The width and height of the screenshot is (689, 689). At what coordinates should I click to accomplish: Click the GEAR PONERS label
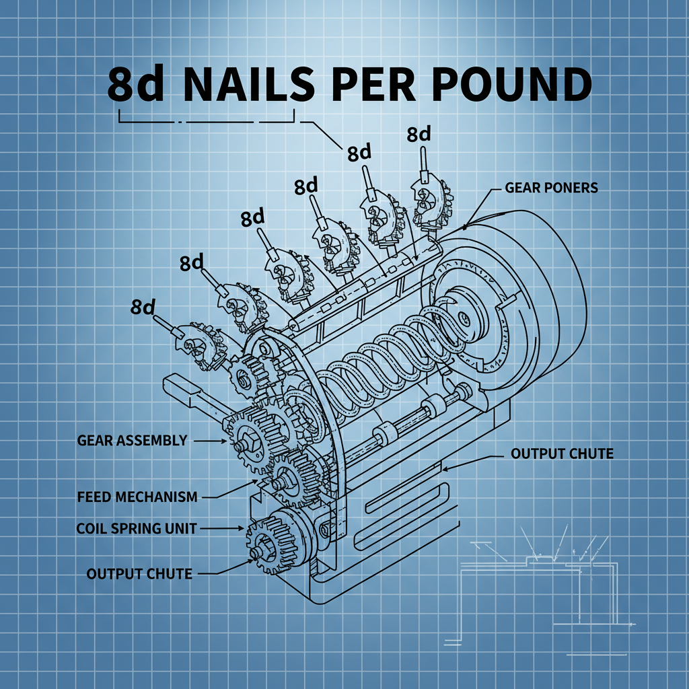(x=550, y=188)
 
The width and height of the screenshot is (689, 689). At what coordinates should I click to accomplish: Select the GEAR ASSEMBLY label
(x=132, y=441)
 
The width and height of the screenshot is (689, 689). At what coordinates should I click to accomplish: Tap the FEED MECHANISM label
(x=137, y=497)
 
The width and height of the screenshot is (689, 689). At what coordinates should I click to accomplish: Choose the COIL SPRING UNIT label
(x=137, y=529)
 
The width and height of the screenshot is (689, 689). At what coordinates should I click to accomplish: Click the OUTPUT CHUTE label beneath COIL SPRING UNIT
(x=139, y=574)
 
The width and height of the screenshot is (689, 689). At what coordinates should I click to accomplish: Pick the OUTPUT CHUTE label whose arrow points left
(x=562, y=454)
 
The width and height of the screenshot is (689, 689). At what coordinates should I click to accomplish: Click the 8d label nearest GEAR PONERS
(x=419, y=135)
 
